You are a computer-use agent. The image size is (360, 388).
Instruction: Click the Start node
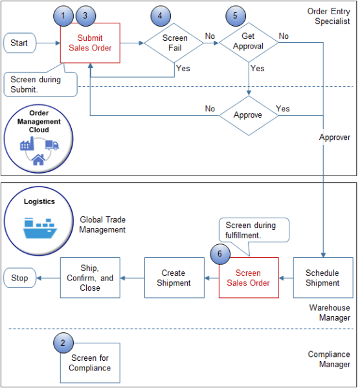(x=19, y=43)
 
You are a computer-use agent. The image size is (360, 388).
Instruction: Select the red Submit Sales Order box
(x=90, y=43)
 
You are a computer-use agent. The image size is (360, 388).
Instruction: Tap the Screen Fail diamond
(x=174, y=43)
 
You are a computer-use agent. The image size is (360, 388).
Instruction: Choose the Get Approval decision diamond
(x=249, y=43)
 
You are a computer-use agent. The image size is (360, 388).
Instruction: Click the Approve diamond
(x=249, y=115)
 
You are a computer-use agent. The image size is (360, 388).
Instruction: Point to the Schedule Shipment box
(x=322, y=278)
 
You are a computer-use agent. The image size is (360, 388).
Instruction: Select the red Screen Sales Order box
(x=248, y=278)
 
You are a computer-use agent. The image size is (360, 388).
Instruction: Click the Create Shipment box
(x=174, y=278)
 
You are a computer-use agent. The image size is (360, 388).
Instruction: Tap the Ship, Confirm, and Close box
(x=90, y=278)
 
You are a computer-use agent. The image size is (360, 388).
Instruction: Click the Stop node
(x=19, y=278)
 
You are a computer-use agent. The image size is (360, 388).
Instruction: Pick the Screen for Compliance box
(x=90, y=363)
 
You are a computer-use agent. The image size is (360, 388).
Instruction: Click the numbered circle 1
(x=63, y=14)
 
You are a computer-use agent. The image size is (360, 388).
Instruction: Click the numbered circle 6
(x=220, y=254)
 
